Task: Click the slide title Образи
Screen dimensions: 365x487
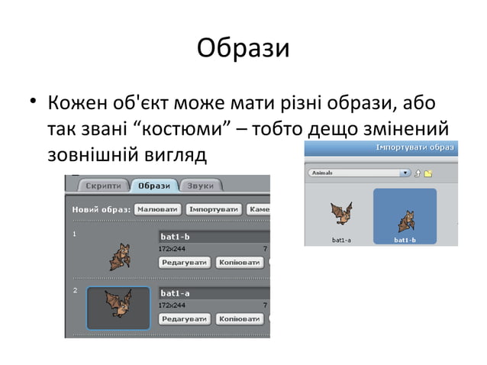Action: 243,48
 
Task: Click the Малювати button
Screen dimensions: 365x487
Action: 158,208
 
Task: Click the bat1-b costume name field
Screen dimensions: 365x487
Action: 214,237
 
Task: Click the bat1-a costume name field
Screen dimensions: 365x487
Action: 214,292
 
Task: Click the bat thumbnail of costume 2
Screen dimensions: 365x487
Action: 118,308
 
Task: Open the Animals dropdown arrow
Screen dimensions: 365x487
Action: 405,173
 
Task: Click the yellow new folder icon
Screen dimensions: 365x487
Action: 429,173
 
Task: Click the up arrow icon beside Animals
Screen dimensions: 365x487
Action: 418,173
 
